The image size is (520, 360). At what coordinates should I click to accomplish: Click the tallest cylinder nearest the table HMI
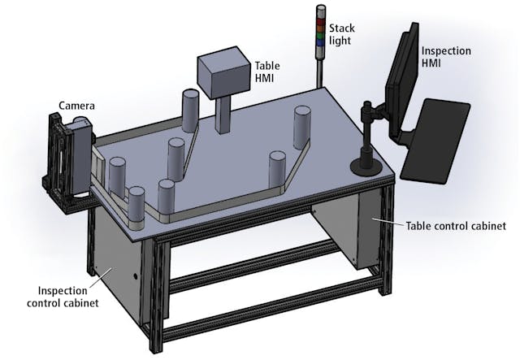click(191, 111)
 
